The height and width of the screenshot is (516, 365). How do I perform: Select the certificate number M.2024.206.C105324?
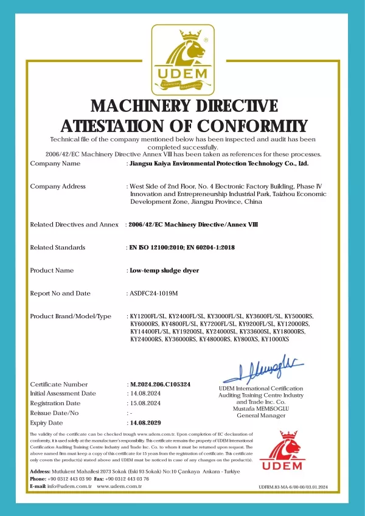160,385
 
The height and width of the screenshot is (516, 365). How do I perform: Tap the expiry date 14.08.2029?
145,422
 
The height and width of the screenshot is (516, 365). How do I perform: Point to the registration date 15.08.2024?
145,403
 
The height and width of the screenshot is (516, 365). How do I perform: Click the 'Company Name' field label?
55,164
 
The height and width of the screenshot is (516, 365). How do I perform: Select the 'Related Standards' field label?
58,248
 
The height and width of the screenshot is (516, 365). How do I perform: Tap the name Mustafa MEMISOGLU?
260,409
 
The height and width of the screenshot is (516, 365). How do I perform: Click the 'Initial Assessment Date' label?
63,394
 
